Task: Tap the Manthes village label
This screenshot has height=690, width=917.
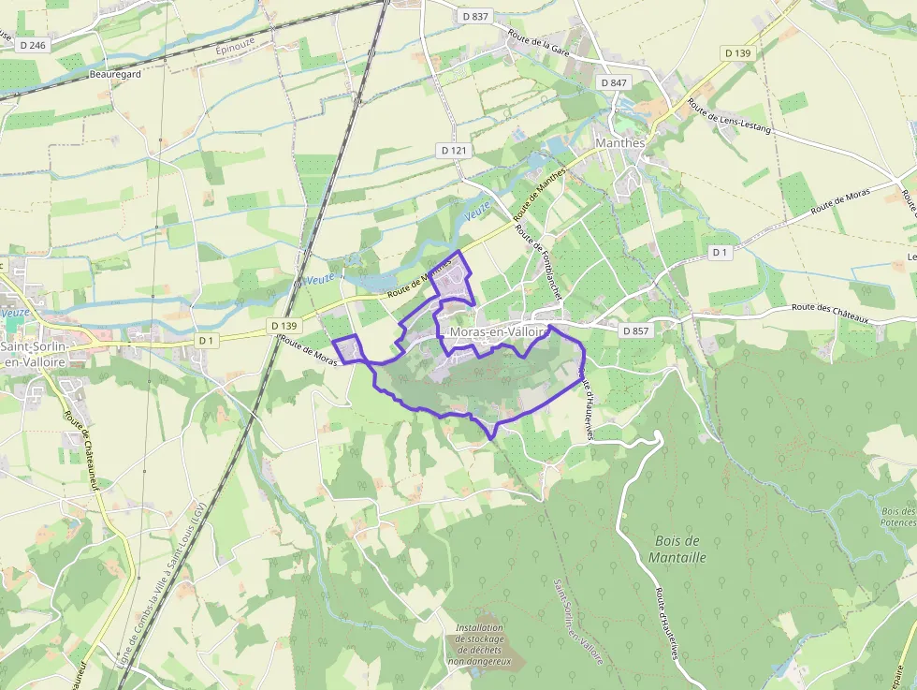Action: pos(620,143)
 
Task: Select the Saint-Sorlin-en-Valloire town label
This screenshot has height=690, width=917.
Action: pos(34,353)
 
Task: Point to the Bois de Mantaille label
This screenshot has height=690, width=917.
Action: pos(678,549)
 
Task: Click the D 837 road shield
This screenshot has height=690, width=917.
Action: pos(476,16)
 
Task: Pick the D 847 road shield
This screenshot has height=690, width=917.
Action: pos(614,82)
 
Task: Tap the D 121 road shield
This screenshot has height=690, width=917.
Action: pos(454,150)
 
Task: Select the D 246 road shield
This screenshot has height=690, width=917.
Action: pos(31,45)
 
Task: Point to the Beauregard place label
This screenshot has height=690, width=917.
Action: pos(114,74)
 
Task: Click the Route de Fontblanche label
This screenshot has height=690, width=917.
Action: pos(540,263)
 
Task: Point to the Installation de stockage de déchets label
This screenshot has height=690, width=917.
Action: pos(479,644)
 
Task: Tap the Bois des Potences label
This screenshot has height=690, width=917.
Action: pos(897,517)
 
